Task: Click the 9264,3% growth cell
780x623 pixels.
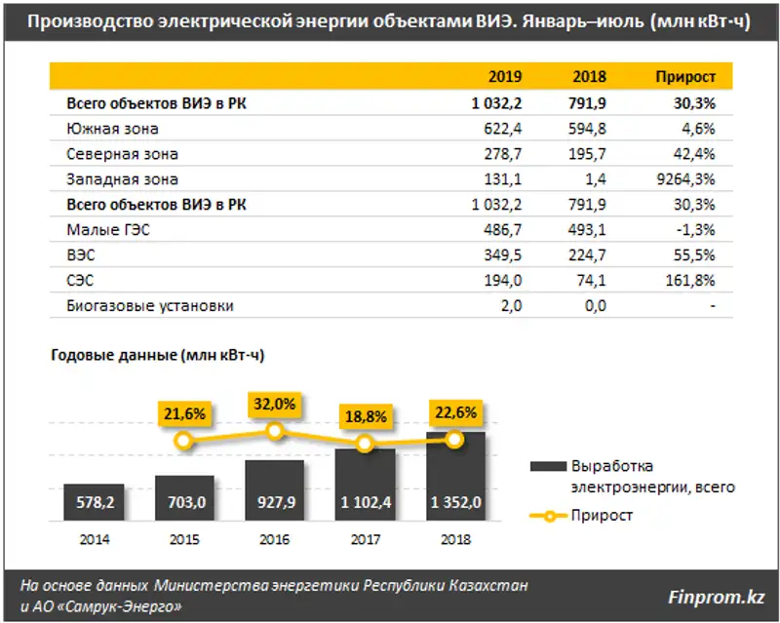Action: pyautogui.click(x=687, y=179)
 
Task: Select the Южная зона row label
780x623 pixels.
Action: pyautogui.click(x=112, y=129)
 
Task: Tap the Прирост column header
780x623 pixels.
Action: pyautogui.click(x=685, y=77)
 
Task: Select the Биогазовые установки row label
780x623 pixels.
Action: pyautogui.click(x=150, y=306)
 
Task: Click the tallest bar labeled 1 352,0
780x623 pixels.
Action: pyautogui.click(x=453, y=472)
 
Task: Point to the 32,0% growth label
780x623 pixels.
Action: pyautogui.click(x=275, y=403)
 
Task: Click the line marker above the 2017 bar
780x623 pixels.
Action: pyautogui.click(x=364, y=444)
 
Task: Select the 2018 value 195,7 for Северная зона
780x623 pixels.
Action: pyautogui.click(x=584, y=154)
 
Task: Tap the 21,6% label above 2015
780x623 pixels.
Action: pyautogui.click(x=184, y=413)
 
